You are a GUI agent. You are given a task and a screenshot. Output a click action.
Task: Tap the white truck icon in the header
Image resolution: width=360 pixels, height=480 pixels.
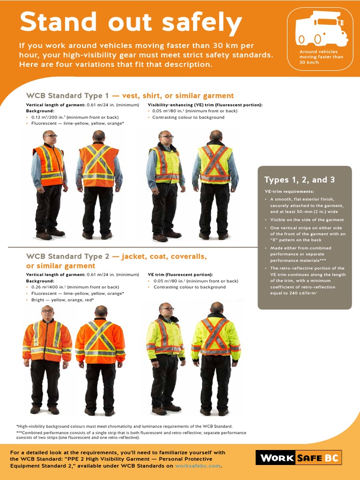(321, 29)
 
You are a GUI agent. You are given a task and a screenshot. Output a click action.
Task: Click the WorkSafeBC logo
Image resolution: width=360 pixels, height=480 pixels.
(298, 457)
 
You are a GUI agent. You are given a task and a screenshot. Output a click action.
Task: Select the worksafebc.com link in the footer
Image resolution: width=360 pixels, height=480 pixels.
(197, 466)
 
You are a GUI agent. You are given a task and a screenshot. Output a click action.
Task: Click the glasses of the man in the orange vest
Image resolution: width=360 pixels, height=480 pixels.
(51, 136)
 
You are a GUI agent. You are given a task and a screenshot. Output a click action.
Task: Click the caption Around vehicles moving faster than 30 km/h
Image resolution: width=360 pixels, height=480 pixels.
(321, 57)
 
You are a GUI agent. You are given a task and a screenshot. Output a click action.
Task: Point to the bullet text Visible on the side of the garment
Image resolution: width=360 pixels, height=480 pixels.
(307, 219)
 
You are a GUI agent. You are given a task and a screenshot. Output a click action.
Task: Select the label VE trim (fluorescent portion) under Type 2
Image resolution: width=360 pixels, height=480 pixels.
(180, 274)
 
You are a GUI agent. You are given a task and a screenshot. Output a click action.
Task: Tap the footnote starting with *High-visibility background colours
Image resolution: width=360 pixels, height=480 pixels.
(125, 426)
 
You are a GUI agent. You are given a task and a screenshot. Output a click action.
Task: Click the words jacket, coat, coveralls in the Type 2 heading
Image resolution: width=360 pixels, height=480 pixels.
(164, 256)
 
